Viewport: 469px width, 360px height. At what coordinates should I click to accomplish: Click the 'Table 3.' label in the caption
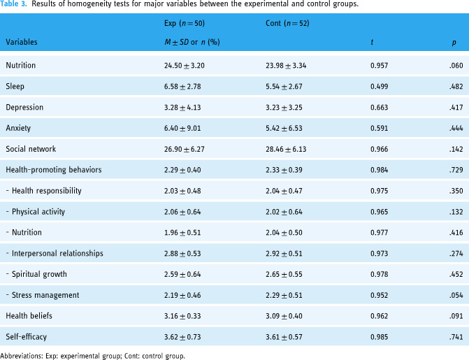point(13,4)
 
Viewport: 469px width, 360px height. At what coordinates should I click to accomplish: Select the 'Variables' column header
point(22,42)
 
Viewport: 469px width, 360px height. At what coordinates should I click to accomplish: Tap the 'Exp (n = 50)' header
point(185,23)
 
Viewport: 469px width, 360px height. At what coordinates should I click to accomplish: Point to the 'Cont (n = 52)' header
point(287,23)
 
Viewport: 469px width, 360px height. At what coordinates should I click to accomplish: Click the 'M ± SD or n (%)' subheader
point(192,42)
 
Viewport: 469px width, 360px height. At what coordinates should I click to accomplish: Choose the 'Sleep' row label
point(15,87)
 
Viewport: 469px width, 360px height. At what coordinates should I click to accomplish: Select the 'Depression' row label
point(24,108)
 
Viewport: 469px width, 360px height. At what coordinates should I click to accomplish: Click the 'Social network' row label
point(31,149)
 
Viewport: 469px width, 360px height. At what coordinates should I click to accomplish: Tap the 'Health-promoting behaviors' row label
point(54,170)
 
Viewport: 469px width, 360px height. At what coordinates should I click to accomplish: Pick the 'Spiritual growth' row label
point(39,275)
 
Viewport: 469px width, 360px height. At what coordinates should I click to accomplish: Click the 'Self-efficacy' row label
point(27,337)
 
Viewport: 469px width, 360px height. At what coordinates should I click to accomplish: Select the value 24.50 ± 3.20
point(185,66)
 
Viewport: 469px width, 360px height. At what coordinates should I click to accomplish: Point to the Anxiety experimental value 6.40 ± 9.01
point(182,129)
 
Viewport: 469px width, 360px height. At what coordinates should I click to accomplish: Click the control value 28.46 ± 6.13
point(286,149)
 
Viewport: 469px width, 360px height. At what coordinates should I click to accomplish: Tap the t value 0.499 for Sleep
point(380,87)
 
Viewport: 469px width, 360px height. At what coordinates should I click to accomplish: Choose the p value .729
point(456,170)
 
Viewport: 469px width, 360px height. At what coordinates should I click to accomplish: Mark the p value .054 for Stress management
point(456,296)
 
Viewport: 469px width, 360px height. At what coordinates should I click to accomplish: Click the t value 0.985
point(380,337)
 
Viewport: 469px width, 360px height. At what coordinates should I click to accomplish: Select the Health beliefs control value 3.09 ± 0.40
point(284,316)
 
